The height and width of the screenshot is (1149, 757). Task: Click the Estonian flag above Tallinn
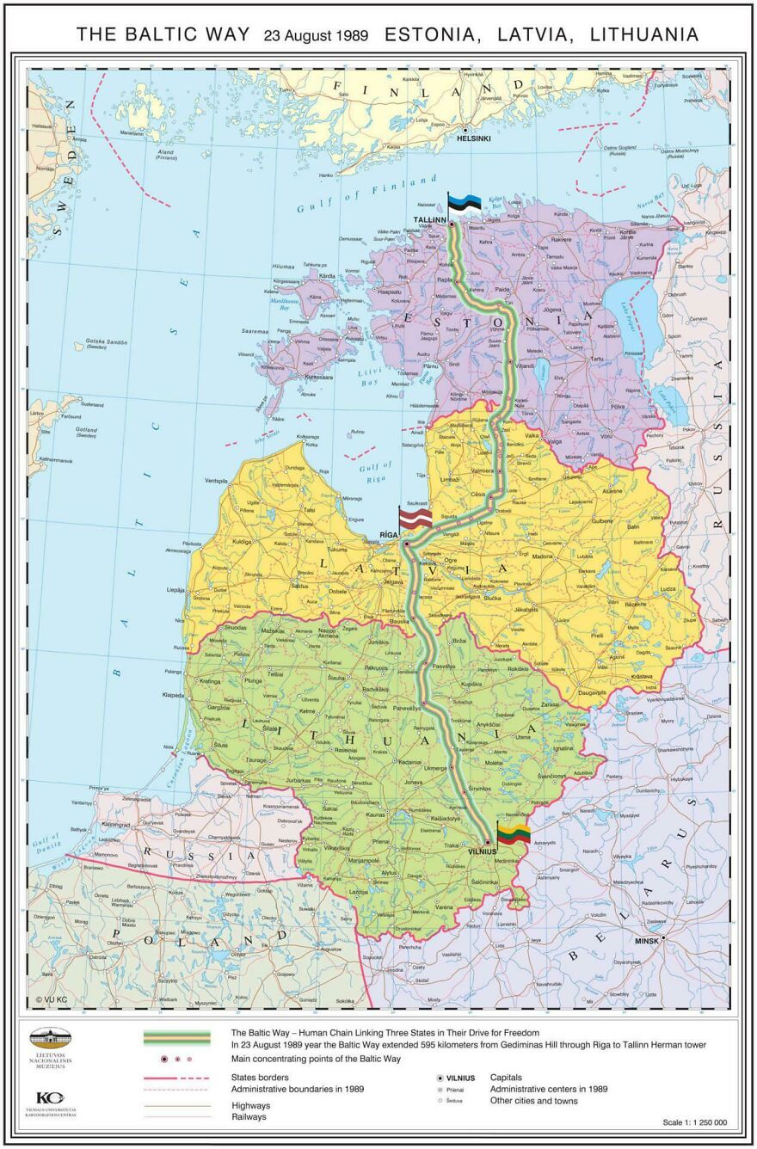point(465,203)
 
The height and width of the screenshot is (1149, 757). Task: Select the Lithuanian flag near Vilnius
point(513,833)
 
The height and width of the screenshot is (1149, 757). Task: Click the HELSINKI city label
point(473,138)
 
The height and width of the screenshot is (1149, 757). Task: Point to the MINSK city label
point(646,941)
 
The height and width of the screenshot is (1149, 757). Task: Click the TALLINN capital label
point(430,220)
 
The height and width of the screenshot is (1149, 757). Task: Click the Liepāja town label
point(176,590)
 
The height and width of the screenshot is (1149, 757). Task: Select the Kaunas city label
point(375,814)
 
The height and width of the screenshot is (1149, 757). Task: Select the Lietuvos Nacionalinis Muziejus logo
point(51,1048)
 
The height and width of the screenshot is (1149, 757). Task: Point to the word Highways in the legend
point(250,1105)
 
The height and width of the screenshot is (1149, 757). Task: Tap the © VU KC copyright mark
point(51,999)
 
